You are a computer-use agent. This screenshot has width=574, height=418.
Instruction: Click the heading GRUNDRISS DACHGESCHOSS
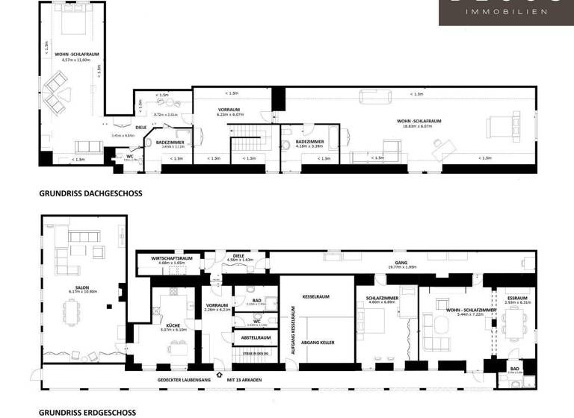(90, 193)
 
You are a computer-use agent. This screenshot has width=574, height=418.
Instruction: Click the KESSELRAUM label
(315, 296)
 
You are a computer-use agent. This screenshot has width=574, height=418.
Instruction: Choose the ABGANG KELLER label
(315, 342)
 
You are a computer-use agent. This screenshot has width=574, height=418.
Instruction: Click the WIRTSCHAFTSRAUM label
(172, 258)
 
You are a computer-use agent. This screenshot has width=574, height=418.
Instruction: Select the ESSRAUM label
(517, 298)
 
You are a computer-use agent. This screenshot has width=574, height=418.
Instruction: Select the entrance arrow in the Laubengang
(219, 375)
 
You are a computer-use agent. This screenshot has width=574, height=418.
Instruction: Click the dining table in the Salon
(72, 310)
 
